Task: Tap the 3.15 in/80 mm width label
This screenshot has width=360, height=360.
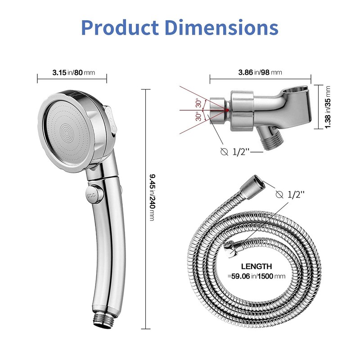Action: point(72,72)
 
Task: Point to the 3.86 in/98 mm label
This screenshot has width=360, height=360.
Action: point(260,72)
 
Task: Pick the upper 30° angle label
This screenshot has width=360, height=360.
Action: point(198,103)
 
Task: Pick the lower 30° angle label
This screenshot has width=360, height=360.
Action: point(198,117)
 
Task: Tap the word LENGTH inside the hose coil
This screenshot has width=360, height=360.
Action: point(256,266)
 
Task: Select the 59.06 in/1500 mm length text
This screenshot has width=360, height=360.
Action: point(256,276)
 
